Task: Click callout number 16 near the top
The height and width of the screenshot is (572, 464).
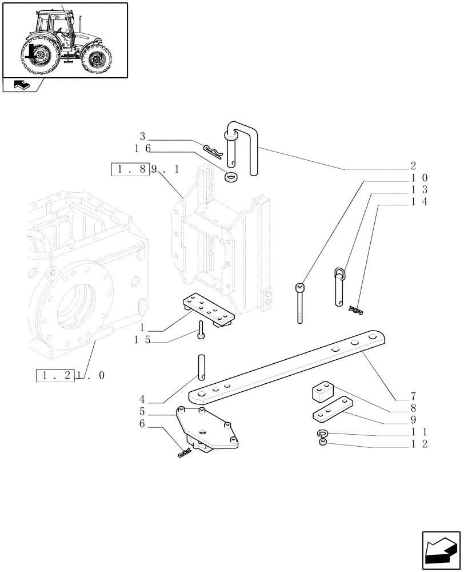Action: point(142,148)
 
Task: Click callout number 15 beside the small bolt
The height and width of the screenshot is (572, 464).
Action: point(142,340)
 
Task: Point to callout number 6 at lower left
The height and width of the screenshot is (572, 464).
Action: point(142,424)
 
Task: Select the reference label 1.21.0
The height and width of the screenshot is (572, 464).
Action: point(71,376)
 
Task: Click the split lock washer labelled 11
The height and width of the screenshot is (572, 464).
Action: point(323,434)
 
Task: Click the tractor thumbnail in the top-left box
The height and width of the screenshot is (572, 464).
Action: point(65,40)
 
